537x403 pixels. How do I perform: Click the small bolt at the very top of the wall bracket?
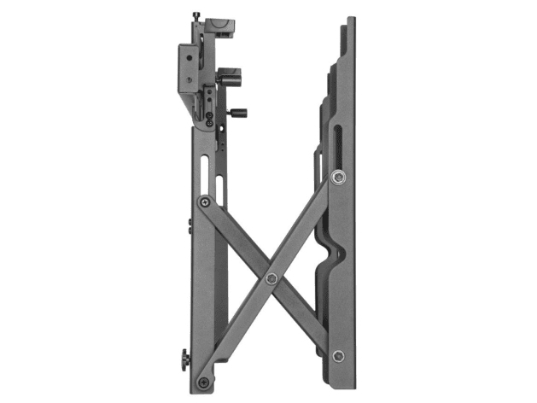pos(197,15)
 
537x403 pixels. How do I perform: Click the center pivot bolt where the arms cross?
pos(271,277)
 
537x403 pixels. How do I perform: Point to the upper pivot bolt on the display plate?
pos(339,178)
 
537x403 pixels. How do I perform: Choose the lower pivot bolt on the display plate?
pos(340,354)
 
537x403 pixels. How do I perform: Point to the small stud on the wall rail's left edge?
pos(189,224)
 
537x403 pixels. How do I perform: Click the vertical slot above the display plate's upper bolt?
pos(339,145)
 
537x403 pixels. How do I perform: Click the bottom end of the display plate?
pos(346,381)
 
